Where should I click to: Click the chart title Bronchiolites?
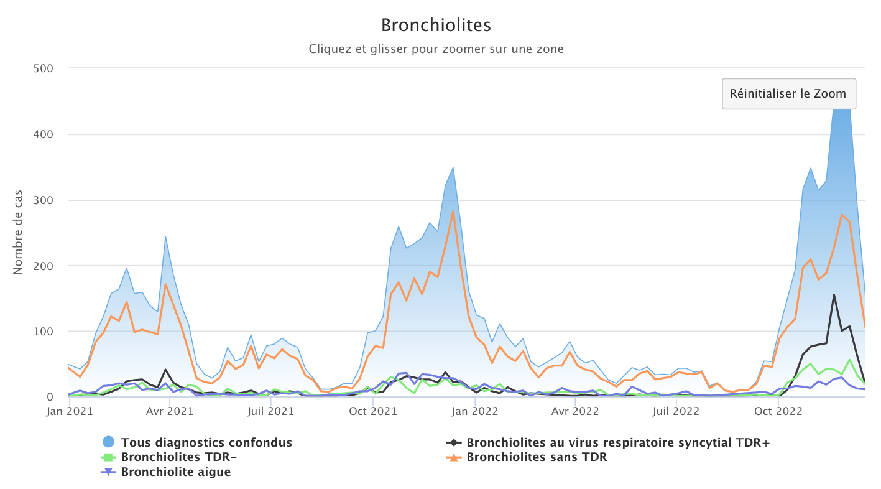click(436, 25)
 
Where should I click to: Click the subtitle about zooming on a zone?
click(436, 49)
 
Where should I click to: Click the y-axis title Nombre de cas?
click(18, 233)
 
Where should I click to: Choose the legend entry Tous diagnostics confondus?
click(206, 443)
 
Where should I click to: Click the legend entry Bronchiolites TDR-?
click(180, 457)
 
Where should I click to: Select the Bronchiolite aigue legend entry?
click(176, 472)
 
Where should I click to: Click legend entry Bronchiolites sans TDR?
click(537, 457)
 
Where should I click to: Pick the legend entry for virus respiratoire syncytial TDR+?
click(618, 443)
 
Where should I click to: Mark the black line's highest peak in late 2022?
click(834, 295)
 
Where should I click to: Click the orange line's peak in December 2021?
click(453, 212)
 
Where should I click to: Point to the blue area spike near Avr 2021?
click(165, 236)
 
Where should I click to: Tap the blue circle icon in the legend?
click(109, 442)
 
